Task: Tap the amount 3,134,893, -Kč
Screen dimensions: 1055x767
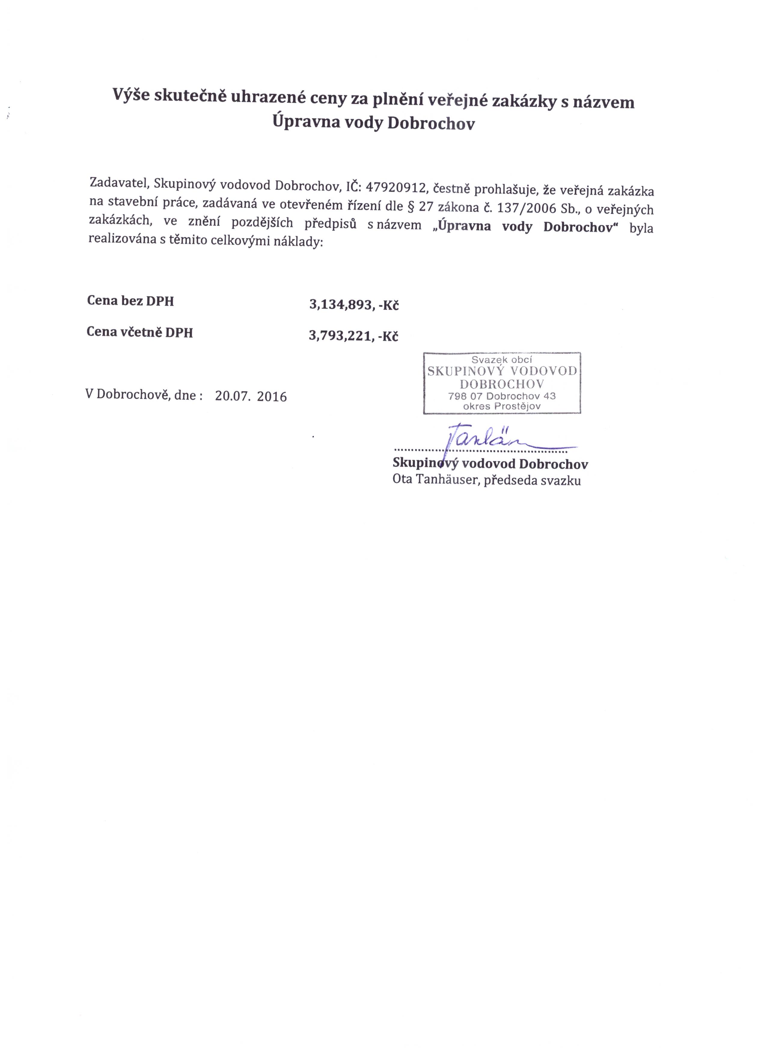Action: [x=354, y=305]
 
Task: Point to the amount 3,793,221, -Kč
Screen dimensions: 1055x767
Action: [x=353, y=336]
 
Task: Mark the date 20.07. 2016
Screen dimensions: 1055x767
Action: [x=251, y=396]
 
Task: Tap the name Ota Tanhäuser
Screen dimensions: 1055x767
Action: [x=435, y=480]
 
